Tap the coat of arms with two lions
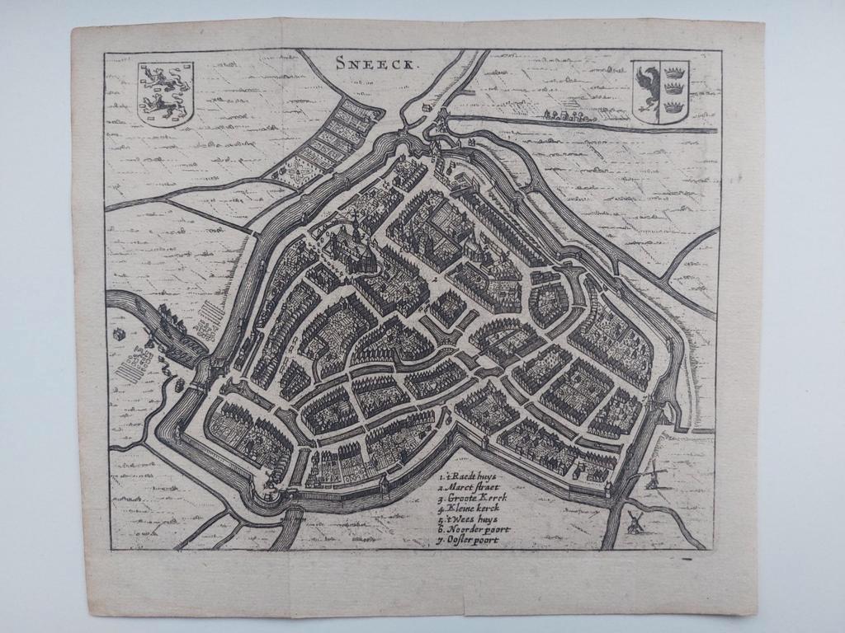coord(164,92)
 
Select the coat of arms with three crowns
coord(661,91)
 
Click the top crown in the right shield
coord(676,71)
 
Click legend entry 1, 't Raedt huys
coord(470,476)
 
